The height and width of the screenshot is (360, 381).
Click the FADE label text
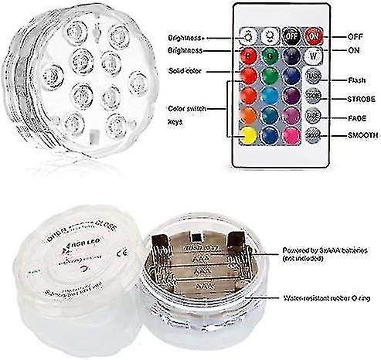(346, 117)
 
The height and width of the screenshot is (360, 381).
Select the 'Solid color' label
(186, 71)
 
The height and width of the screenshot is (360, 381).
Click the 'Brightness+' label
(188, 37)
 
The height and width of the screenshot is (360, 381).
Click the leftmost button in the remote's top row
(249, 36)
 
